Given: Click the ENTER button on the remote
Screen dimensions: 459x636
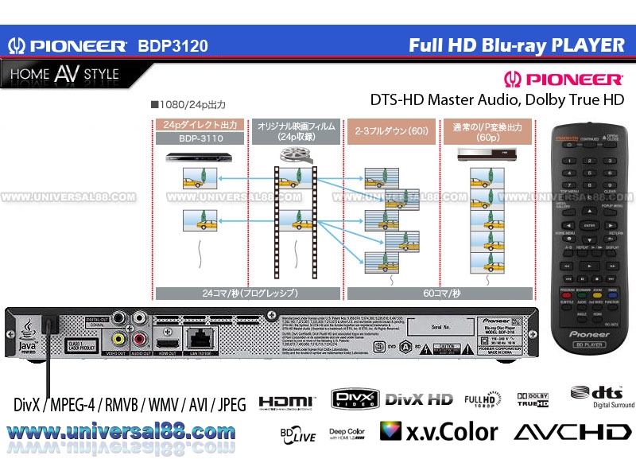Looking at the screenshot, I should tap(589, 226).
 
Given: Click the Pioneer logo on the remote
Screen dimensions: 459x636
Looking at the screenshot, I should tap(589, 334).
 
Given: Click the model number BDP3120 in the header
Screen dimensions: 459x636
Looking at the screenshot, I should tap(173, 46).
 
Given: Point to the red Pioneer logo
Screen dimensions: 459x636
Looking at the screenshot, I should tap(564, 80).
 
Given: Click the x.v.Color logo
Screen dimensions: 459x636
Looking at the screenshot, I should tap(440, 431).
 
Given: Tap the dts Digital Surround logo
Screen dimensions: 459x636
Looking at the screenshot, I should tap(602, 397).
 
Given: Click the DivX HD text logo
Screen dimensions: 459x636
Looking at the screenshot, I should tap(418, 399).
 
